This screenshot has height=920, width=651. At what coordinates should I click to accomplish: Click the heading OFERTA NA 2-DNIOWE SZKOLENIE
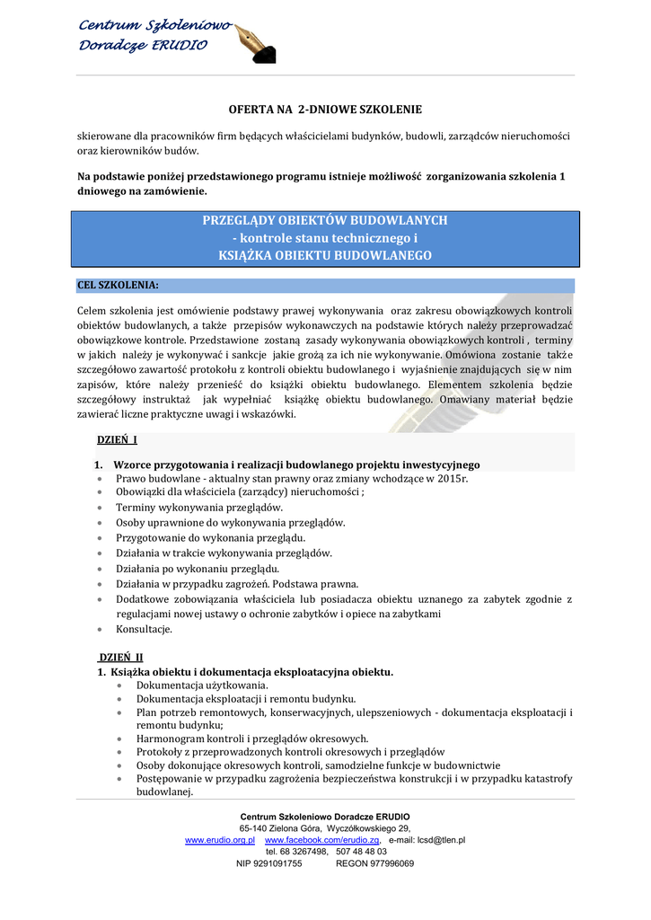pos(325,110)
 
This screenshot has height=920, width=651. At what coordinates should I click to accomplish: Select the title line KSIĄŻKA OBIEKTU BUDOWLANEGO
pos(325,255)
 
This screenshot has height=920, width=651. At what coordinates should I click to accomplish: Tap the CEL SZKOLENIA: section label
pos(119,285)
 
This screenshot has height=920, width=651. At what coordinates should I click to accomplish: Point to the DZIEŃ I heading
pos(117,440)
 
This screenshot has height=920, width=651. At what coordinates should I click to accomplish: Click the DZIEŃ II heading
pos(120,658)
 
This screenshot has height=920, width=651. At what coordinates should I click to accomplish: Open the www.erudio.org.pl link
pos(220,839)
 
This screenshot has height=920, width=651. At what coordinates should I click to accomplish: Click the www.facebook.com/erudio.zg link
pos(322,839)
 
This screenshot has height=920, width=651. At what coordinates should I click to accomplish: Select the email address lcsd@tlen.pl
pos(435,839)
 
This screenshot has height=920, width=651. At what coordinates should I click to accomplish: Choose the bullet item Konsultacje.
pos(144,629)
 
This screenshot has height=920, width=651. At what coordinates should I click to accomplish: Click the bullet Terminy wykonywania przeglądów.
pos(199,508)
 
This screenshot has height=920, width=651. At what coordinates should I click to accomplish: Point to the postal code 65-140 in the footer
pos(255,827)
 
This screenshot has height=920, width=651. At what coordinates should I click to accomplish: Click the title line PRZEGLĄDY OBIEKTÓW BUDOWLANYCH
pos(325,221)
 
